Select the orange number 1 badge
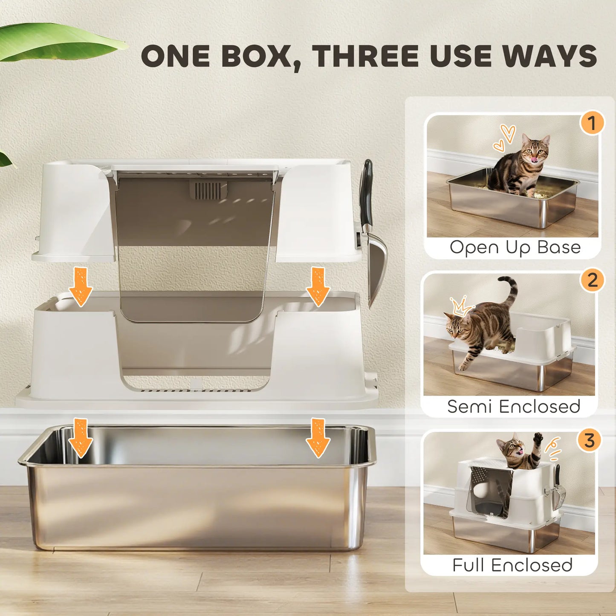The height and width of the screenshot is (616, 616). (x=592, y=123)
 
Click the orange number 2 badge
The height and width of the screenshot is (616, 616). (x=592, y=281)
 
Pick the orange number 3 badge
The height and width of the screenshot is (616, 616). (x=589, y=440)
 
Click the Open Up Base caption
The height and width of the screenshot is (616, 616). (x=515, y=248)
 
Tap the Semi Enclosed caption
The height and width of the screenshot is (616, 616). (x=514, y=407)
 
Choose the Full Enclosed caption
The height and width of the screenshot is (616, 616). (x=512, y=565)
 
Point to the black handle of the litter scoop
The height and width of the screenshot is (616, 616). (x=366, y=192)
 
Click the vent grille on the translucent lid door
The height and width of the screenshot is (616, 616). (x=208, y=191)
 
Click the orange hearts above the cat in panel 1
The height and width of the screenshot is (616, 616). (x=505, y=139)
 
